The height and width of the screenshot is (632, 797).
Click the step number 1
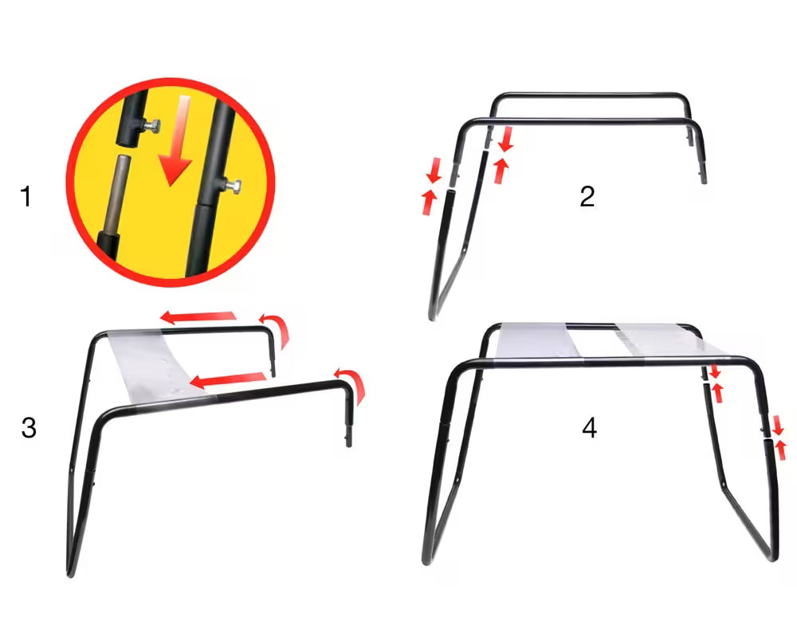point(26,196)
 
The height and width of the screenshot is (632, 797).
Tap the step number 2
point(587,196)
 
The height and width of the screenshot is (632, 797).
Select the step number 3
point(29,428)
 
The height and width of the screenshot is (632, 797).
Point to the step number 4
point(589,428)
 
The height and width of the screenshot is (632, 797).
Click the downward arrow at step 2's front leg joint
point(434,169)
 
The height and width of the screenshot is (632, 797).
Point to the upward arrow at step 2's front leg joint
point(429,201)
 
